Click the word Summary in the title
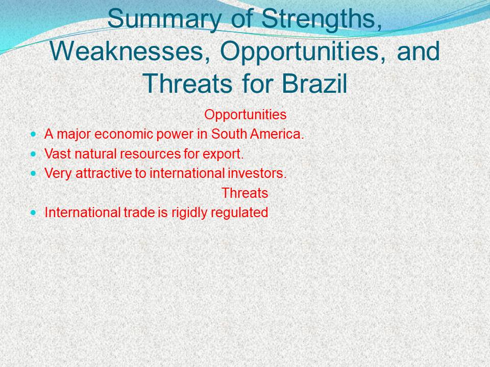pyautogui.click(x=164, y=19)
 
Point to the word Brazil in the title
pyautogui.click(x=314, y=83)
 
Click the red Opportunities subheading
pyautogui.click(x=246, y=115)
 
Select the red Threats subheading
pyautogui.click(x=244, y=193)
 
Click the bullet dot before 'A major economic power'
pyautogui.click(x=34, y=135)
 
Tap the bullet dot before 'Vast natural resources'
pyautogui.click(x=34, y=154)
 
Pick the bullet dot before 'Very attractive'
pyautogui.click(x=34, y=173)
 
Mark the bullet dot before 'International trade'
pyautogui.click(x=34, y=213)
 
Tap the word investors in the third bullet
pyautogui.click(x=257, y=173)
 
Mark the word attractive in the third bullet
pyautogui.click(x=104, y=173)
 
